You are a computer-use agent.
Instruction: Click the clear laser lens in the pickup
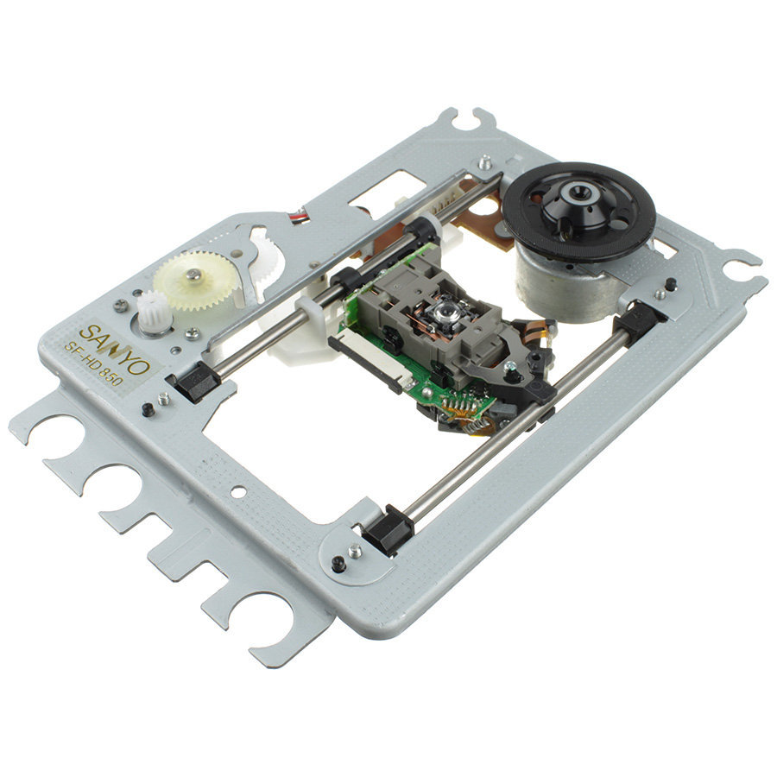coord(441,313)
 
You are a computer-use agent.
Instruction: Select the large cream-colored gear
coord(193,280)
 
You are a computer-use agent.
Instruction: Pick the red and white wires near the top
coord(299,217)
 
